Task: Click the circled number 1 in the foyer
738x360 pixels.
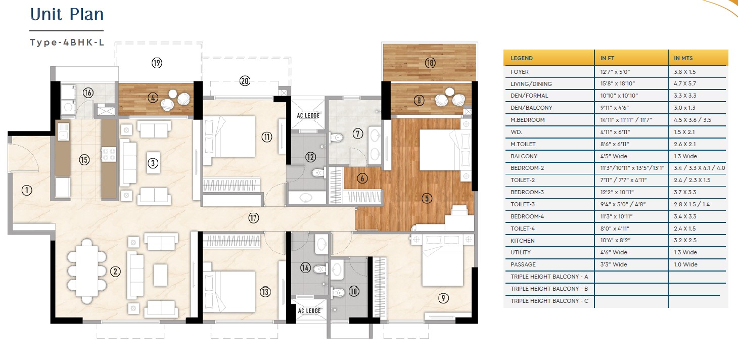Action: point(27,190)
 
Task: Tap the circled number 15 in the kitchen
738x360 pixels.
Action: point(84,160)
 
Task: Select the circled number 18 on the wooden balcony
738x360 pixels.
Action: point(430,63)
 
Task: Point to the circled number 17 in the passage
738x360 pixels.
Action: point(253,218)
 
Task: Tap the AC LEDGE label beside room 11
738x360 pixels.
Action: point(308,115)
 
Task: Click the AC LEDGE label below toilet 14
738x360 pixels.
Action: point(309,310)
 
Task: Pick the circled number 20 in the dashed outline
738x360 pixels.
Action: point(245,81)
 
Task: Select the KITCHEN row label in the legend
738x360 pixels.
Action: point(523,241)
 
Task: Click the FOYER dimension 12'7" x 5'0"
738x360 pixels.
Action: point(615,71)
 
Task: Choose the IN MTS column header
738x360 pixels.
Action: point(683,58)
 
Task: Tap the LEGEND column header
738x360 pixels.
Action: point(522,58)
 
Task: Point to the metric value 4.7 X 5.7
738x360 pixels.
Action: point(685,84)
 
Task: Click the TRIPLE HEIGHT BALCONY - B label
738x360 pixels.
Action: point(549,289)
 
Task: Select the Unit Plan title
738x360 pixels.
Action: point(67,15)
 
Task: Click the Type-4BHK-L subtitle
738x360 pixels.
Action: point(67,42)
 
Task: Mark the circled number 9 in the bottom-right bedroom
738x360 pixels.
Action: point(443,298)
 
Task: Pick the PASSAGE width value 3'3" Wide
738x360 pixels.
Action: point(614,264)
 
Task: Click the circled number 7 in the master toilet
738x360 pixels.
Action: point(358,133)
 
